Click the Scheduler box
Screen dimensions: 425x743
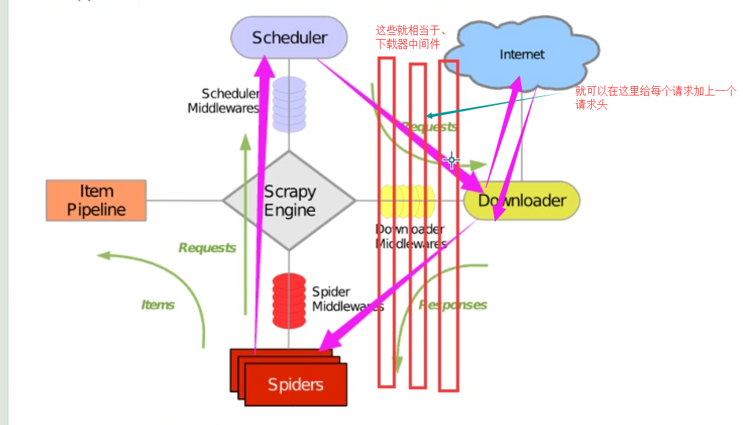[289, 38]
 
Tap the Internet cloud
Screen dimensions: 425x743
[522, 54]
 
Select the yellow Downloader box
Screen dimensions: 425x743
[522, 200]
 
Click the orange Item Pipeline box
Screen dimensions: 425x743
[96, 200]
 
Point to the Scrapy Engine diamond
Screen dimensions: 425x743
[289, 200]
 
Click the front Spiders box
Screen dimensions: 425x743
[296, 385]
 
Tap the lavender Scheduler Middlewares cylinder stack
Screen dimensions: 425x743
[289, 104]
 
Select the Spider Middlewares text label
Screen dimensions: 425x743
[347, 299]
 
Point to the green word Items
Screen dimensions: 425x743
[158, 305]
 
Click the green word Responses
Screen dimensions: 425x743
[453, 305]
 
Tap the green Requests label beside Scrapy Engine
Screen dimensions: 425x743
[207, 247]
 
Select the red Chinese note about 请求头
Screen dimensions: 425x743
[656, 98]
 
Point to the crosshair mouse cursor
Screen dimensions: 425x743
[451, 160]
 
